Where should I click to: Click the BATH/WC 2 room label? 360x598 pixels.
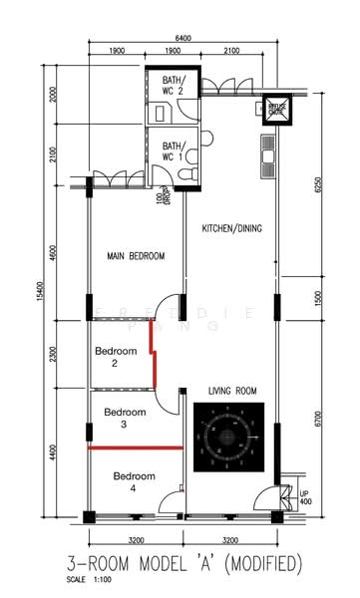pyautogui.click(x=174, y=87)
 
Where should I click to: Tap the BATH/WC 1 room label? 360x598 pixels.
pyautogui.click(x=174, y=149)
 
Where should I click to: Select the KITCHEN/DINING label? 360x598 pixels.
pyautogui.click(x=232, y=228)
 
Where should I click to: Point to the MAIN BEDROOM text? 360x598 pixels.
pyautogui.click(x=136, y=256)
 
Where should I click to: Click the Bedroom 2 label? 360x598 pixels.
pyautogui.click(x=114, y=358)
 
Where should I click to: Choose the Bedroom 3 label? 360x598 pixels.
pyautogui.click(x=125, y=418)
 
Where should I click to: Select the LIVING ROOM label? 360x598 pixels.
pyautogui.click(x=231, y=390)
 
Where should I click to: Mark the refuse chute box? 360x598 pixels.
pyautogui.click(x=275, y=110)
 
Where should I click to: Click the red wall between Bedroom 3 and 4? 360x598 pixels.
pyautogui.click(x=136, y=448)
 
